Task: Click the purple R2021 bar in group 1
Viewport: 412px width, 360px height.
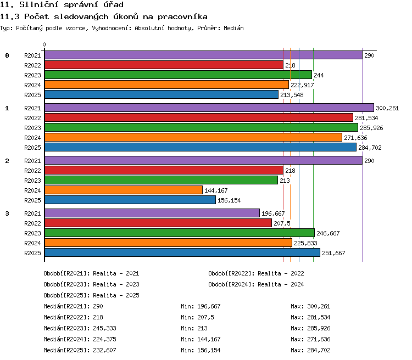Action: point(209,108)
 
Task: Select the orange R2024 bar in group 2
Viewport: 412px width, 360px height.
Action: point(124,190)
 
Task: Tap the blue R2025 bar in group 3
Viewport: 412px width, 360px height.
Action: point(182,252)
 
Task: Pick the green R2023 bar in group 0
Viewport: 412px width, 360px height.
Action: point(178,75)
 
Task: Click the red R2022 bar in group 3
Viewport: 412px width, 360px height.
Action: point(158,223)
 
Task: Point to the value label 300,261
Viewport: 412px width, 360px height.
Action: point(387,108)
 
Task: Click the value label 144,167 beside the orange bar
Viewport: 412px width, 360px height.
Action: point(216,190)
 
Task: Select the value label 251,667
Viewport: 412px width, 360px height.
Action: point(333,253)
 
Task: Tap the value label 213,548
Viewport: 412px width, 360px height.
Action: point(292,95)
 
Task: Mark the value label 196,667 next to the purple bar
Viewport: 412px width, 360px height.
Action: point(273,213)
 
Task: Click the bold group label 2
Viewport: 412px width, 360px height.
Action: point(7,161)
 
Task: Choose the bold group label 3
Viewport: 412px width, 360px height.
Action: point(7,213)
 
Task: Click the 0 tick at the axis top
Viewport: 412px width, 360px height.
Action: point(44,44)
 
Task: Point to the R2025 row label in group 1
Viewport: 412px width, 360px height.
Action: point(32,148)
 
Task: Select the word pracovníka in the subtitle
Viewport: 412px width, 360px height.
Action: point(182,17)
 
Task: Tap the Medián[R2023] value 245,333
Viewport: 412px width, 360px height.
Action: point(104,329)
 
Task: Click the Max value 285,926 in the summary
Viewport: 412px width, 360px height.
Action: point(319,329)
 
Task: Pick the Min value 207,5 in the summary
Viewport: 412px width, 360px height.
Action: point(206,317)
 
